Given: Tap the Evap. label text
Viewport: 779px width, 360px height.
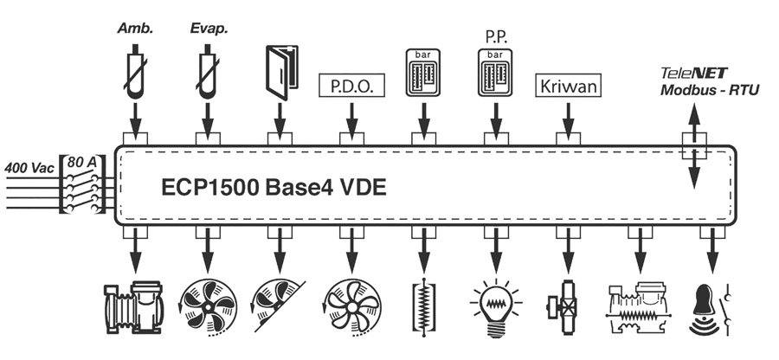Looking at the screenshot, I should coord(208,29).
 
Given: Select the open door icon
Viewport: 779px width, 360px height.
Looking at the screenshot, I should coord(280,66).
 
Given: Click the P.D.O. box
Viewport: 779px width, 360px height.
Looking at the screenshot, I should coord(351,87).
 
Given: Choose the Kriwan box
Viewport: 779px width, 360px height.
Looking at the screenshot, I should coord(567,87).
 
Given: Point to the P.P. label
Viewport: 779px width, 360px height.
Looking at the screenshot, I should coord(495,39).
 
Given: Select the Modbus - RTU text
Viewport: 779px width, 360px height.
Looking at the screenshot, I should coord(708,90).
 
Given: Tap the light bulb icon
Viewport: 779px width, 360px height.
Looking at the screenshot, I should coord(495,306).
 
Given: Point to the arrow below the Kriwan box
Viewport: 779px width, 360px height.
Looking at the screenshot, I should coord(567,117).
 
